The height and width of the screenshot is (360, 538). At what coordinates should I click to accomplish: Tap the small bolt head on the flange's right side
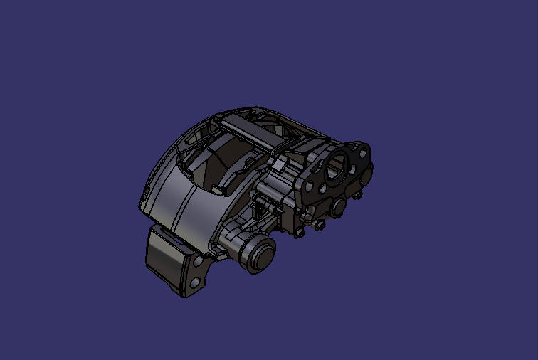point(358,195)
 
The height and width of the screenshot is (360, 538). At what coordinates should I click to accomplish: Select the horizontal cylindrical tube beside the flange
point(274,191)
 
